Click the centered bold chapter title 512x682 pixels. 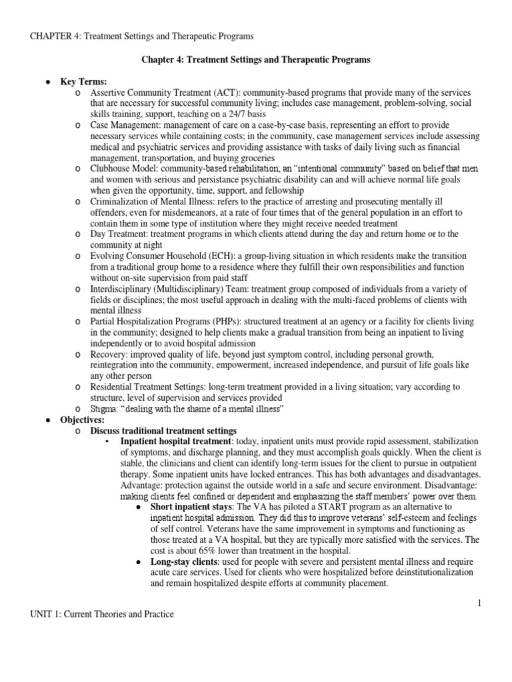[x=255, y=60]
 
